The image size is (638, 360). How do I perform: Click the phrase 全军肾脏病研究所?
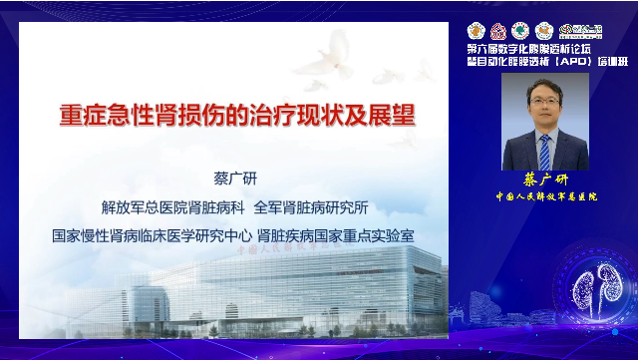[x=312, y=208]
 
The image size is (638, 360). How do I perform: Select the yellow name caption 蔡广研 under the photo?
[x=544, y=180]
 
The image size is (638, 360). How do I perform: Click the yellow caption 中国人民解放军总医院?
[x=544, y=197]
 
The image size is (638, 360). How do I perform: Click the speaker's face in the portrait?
[x=545, y=105]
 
